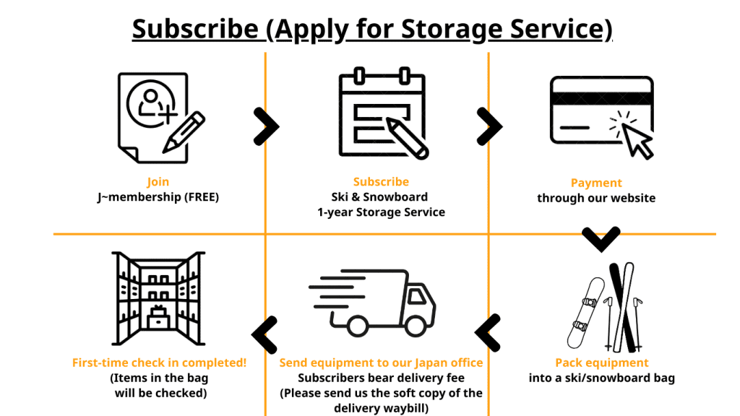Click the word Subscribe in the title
pos(194,29)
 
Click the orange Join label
pos(158,182)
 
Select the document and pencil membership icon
pos(158,117)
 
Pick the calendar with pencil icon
pos(382,114)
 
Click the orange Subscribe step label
pos(381,182)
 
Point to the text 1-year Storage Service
pos(381,212)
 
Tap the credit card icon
pos(601,116)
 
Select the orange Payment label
pos(596,183)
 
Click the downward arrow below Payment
pos(601,239)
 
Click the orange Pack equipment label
pos(602,363)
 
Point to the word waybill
pos(408,407)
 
